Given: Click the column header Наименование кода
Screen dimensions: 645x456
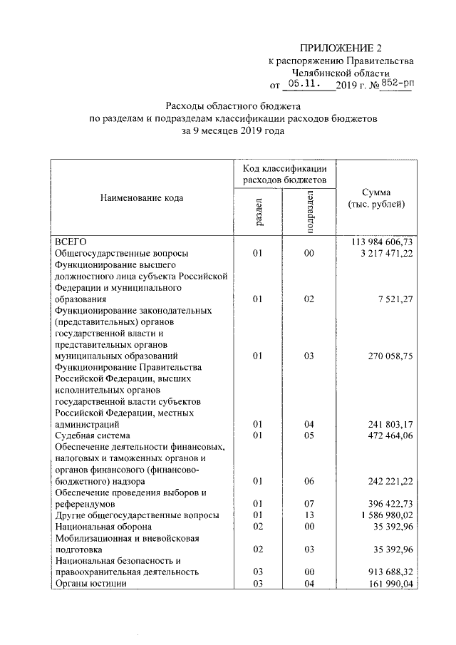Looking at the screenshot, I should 141,198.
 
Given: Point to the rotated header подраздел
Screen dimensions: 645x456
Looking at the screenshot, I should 309,212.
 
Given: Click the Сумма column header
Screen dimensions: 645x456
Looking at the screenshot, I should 376,198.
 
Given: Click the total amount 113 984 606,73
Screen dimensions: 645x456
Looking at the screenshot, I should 381,242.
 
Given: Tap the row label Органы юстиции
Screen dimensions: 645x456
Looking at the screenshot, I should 90,583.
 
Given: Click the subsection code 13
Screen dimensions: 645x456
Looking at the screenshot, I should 308,515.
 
